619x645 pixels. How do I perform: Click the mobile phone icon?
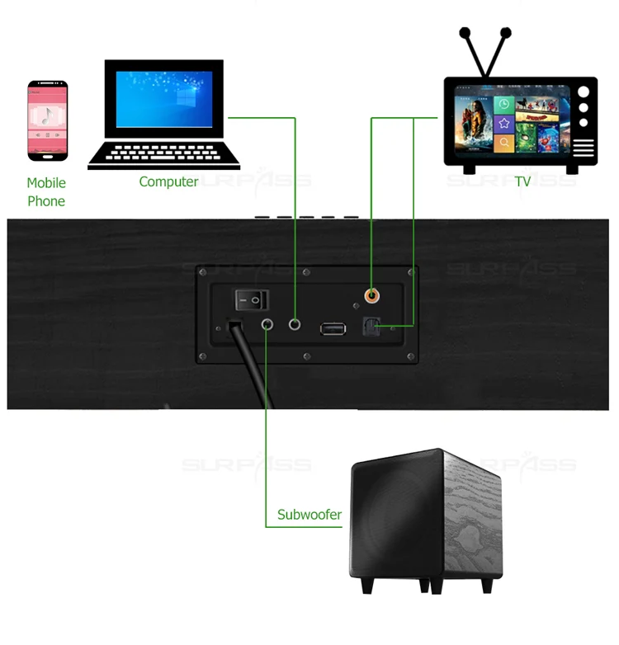click(47, 120)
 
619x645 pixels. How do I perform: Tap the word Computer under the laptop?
click(168, 181)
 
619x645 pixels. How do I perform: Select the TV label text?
click(522, 181)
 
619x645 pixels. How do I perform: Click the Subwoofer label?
click(309, 515)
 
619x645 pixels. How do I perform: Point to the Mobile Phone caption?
click(46, 192)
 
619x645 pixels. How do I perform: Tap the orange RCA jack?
click(372, 294)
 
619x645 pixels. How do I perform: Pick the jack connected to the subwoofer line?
click(267, 325)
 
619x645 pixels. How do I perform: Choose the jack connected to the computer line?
click(295, 325)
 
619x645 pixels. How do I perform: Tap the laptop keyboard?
click(163, 152)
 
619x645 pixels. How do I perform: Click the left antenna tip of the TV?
click(465, 34)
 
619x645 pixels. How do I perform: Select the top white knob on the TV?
click(584, 92)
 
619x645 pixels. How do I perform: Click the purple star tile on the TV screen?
click(504, 124)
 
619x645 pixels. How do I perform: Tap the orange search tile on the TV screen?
click(504, 144)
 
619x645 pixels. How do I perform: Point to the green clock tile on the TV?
click(504, 105)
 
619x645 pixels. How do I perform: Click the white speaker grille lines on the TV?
click(584, 148)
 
